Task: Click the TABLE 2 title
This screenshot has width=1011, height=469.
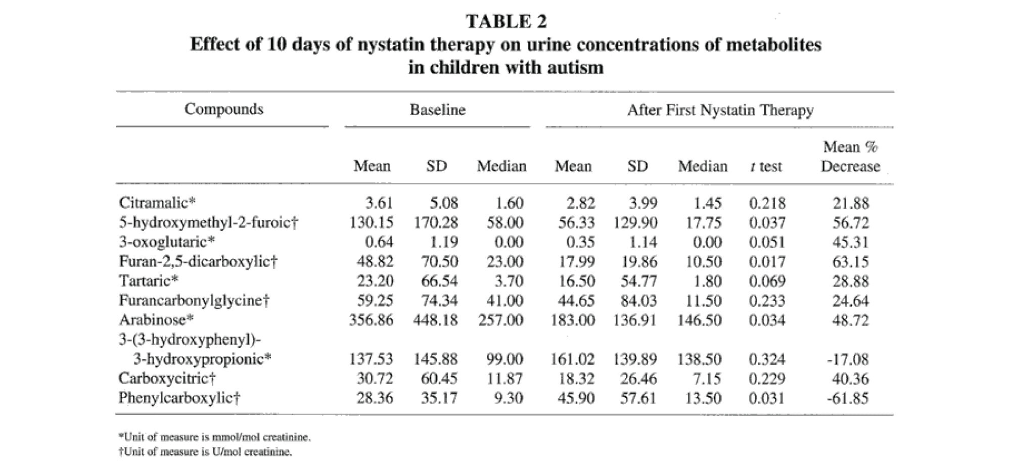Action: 506,21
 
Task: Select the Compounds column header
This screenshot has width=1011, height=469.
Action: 223,109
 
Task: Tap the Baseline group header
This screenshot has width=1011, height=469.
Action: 437,110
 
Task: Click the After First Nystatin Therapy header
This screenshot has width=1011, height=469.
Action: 720,110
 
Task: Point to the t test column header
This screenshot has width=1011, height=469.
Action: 766,166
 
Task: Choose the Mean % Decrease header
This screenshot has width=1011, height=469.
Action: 850,156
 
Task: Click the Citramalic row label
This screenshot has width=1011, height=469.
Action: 157,203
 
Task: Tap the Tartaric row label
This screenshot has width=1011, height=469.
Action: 149,280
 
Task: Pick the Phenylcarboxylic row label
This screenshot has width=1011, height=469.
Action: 179,398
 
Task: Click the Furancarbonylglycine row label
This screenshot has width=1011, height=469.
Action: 194,300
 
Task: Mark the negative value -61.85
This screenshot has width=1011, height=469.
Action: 848,398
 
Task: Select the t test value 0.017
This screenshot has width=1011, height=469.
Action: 767,261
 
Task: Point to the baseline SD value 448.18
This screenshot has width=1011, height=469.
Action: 435,320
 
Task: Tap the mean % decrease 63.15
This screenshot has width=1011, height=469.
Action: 850,261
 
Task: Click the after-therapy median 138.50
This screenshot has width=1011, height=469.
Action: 699,359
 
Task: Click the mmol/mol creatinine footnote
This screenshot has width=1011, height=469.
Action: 215,437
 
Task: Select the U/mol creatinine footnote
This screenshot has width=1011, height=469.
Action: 205,451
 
